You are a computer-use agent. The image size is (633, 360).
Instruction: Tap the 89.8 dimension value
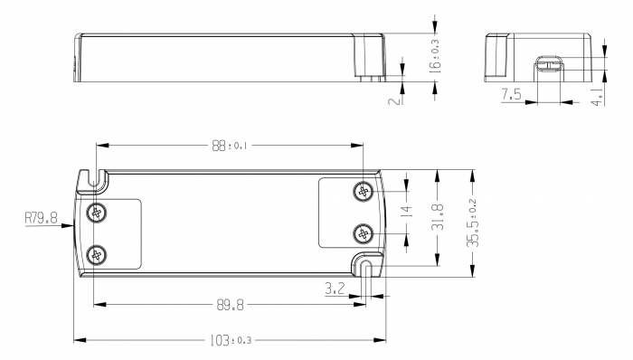pyautogui.click(x=228, y=306)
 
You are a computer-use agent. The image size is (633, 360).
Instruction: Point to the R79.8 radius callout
pyautogui.click(x=41, y=218)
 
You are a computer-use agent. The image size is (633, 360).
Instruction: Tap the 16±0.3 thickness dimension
pyautogui.click(x=435, y=54)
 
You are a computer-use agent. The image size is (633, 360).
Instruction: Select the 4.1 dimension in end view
pyautogui.click(x=597, y=97)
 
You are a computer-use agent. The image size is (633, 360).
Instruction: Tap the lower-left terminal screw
pyautogui.click(x=97, y=254)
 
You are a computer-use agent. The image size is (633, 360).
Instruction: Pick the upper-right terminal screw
pyautogui.click(x=364, y=191)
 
